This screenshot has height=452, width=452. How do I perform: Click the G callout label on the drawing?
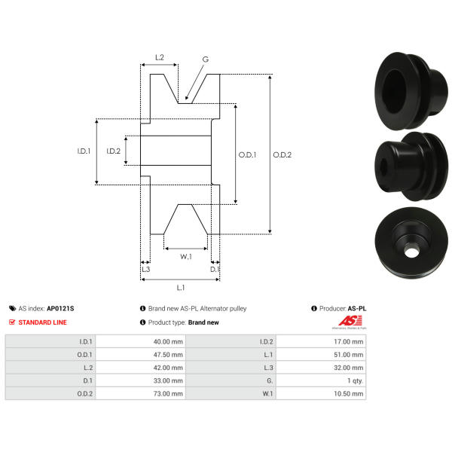point(205,60)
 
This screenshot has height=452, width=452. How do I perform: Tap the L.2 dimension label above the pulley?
point(160,57)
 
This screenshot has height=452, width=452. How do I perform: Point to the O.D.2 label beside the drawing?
point(282,154)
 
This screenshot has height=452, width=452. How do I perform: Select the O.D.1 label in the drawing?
point(247,154)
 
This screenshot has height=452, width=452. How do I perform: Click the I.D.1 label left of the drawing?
point(84,151)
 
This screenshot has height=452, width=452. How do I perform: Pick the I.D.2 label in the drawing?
point(113,151)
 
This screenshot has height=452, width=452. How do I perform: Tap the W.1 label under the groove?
point(186,257)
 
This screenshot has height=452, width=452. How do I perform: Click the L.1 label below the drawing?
point(181,288)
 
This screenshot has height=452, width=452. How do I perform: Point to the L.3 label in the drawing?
point(146,269)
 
